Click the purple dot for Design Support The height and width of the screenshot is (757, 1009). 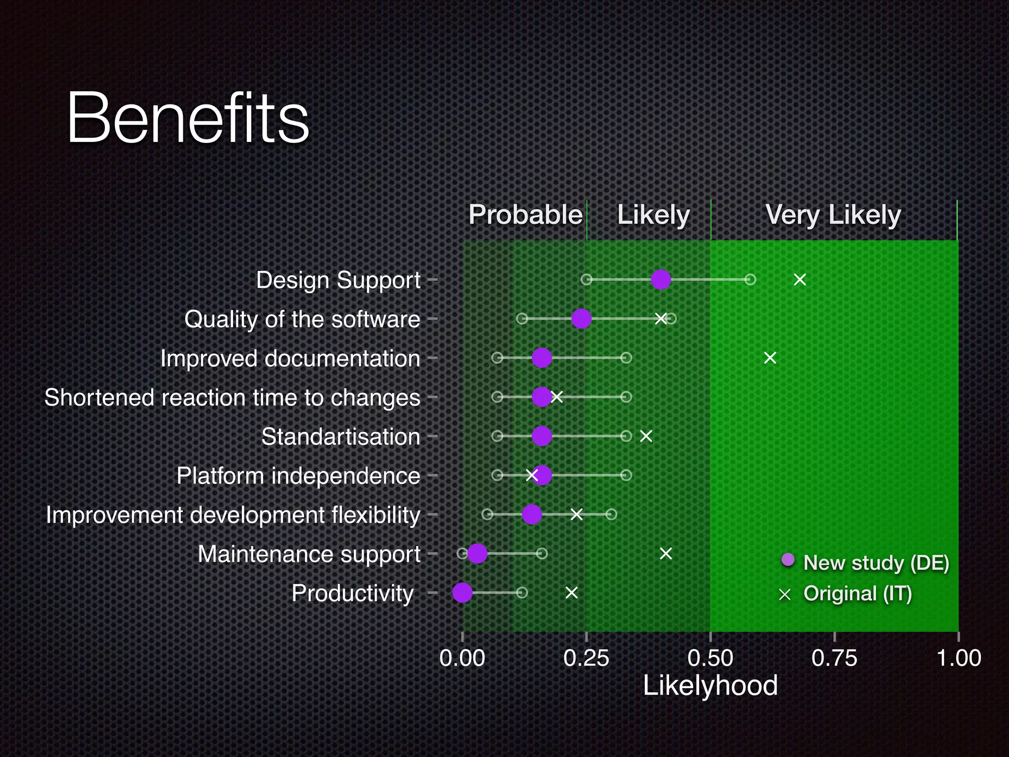[x=661, y=280]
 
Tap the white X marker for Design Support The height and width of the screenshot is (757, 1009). [x=800, y=280]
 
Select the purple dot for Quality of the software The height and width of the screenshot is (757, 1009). [x=581, y=319]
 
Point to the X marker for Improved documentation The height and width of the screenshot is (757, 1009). [x=770, y=358]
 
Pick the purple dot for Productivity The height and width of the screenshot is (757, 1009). [x=462, y=592]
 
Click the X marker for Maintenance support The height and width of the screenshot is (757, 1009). [x=666, y=554]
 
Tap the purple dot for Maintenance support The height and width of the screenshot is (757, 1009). [x=477, y=553]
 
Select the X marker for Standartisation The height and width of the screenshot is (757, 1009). [x=646, y=436]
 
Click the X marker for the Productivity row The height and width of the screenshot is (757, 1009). [x=572, y=592]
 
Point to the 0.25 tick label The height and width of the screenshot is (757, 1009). [x=586, y=658]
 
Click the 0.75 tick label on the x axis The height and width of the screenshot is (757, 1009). [x=834, y=658]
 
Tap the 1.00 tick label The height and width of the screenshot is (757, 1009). [x=958, y=658]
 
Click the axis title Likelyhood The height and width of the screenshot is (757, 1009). [x=710, y=686]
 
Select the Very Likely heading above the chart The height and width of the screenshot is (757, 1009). [x=833, y=215]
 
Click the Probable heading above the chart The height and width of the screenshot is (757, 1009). [x=525, y=215]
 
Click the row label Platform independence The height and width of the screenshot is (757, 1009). [x=298, y=476]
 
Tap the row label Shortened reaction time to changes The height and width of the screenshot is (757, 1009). [x=232, y=398]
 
